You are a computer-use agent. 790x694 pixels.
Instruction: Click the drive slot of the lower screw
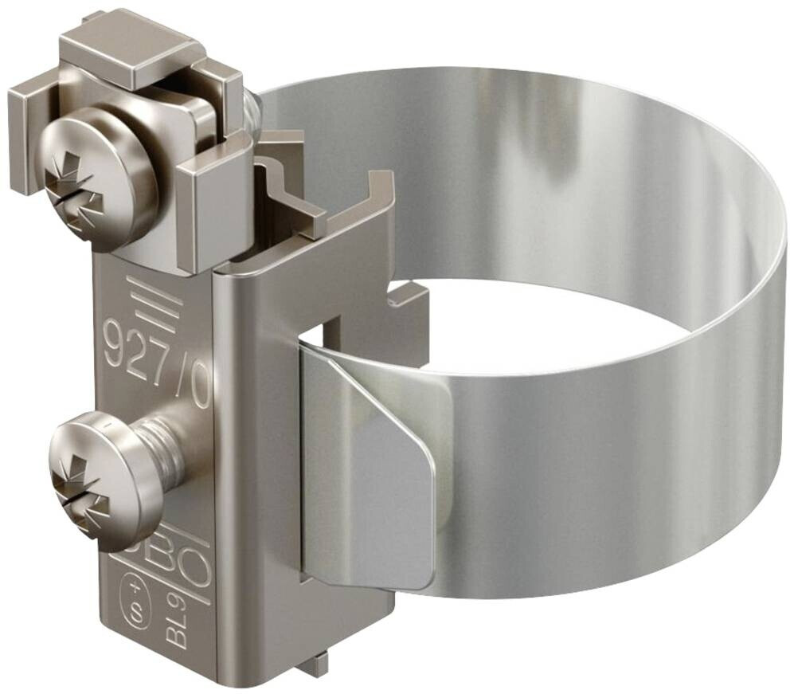pyautogui.click(x=80, y=495)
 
